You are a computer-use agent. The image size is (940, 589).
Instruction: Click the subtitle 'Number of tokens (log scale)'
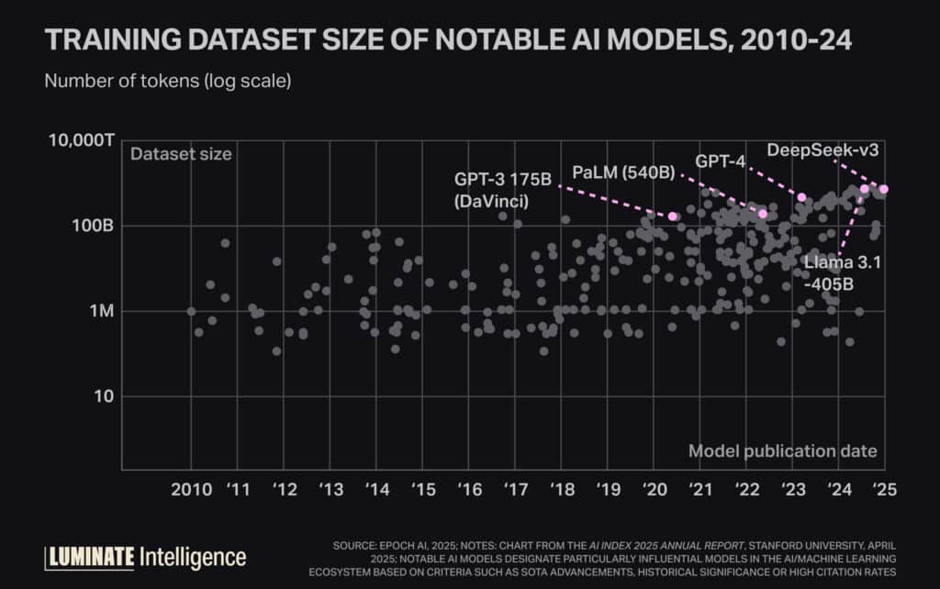(x=168, y=81)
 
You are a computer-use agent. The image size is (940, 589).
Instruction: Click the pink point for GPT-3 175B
(x=673, y=217)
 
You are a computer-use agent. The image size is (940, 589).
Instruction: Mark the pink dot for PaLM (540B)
(x=763, y=214)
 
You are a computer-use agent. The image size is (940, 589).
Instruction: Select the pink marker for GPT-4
(x=801, y=197)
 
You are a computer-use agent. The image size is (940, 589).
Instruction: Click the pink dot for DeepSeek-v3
(x=884, y=190)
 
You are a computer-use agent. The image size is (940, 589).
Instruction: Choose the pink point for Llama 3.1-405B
(x=864, y=189)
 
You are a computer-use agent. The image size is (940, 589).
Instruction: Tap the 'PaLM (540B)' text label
(x=621, y=172)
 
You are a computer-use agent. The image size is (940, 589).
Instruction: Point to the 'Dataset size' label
(x=181, y=154)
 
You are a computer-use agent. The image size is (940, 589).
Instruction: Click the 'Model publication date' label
(x=782, y=450)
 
